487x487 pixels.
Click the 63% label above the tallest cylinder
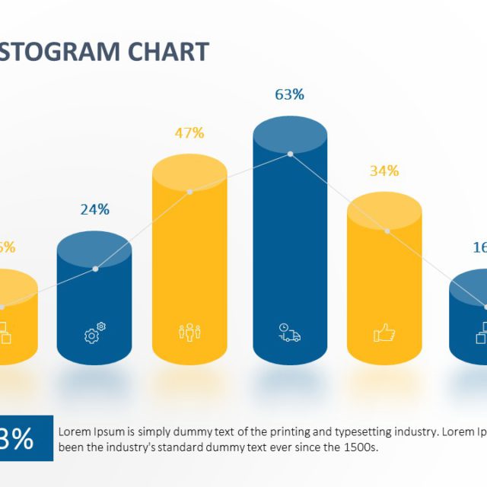point(289,94)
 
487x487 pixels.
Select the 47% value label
point(189,132)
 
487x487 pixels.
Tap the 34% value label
point(384,170)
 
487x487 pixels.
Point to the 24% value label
point(95,208)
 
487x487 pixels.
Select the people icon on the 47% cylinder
point(189,333)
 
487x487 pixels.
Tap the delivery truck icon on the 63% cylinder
point(289,333)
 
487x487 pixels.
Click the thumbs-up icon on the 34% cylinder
point(384,333)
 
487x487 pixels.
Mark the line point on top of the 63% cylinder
point(290,154)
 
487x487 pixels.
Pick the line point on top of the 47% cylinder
point(189,192)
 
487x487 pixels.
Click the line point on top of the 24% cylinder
point(95,268)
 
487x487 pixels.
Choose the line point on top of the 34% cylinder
point(387,230)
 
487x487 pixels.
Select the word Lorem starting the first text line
point(74,431)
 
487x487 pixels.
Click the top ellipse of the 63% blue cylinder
point(290,137)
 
